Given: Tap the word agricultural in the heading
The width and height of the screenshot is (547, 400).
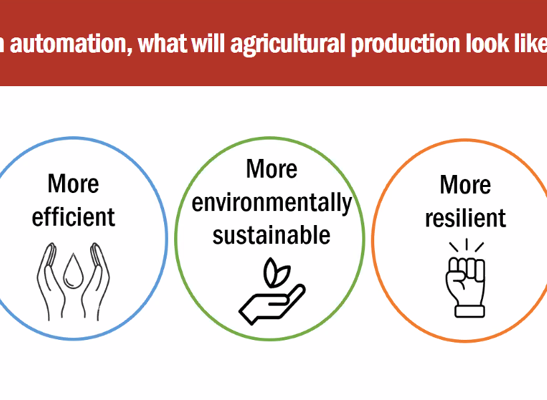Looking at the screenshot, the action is click(x=288, y=44).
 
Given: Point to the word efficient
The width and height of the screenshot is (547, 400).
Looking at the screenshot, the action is click(x=73, y=217).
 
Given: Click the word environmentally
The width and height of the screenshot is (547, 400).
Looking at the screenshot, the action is click(x=271, y=203).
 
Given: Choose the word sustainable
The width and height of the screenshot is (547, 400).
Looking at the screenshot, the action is click(x=271, y=235).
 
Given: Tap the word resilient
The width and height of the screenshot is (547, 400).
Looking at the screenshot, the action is click(x=466, y=218).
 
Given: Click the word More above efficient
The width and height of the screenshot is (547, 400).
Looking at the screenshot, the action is click(x=73, y=184).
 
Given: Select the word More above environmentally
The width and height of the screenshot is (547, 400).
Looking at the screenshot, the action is click(x=271, y=169).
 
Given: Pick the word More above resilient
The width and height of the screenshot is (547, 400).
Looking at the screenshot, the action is click(x=466, y=185).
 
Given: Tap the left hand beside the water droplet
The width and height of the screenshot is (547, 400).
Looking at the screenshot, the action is click(x=51, y=282).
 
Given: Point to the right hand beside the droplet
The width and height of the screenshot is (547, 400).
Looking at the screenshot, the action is click(x=95, y=282).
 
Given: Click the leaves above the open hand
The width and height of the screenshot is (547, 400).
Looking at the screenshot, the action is click(x=276, y=272).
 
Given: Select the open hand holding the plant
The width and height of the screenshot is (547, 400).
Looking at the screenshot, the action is click(x=272, y=305).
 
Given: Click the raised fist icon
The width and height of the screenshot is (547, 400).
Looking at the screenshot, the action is click(x=466, y=287).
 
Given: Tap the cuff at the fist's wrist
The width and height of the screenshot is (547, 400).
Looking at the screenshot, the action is click(x=470, y=311).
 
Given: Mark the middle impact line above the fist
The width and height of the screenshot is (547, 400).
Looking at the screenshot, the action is click(x=466, y=244).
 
